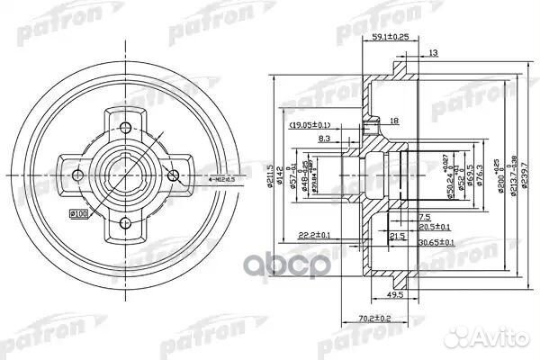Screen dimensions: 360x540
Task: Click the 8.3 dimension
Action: click(x=325, y=139)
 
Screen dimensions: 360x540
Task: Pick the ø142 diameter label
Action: click(x=282, y=171)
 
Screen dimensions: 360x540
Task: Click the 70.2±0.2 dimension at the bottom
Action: click(x=373, y=317)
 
